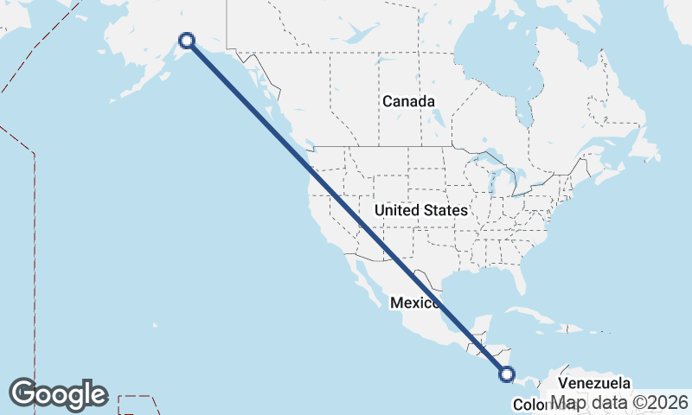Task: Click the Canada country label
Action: [x=408, y=101]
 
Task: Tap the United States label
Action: [x=421, y=210]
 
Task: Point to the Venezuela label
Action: [x=594, y=382]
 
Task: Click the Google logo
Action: [x=58, y=394]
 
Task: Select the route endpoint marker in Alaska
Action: [x=187, y=40]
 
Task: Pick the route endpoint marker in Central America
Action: [x=507, y=374]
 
